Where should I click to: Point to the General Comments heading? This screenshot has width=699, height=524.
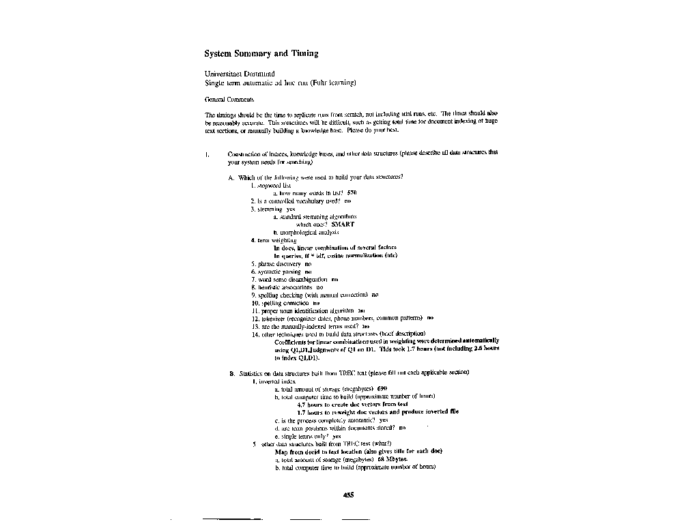(225, 100)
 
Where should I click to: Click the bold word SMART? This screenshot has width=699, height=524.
(343, 224)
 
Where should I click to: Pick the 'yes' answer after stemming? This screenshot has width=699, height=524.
(291, 209)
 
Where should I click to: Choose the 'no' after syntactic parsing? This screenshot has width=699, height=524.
(308, 271)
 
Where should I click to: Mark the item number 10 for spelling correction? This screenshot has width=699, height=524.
(256, 302)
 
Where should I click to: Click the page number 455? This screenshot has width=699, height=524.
(348, 495)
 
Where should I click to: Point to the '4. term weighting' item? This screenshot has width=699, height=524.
(274, 240)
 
